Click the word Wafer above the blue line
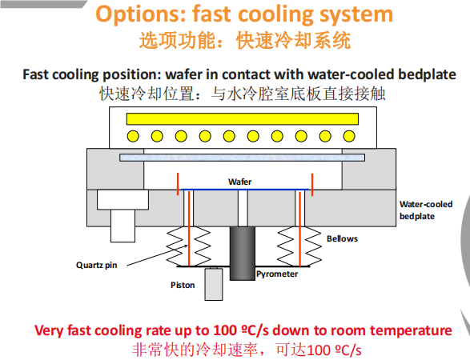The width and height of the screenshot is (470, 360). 239,182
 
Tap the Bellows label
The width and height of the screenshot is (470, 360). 342,238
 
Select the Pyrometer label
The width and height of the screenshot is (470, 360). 277,274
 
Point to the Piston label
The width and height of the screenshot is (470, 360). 183,285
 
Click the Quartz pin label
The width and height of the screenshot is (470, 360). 97,265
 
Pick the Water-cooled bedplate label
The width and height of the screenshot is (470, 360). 426,210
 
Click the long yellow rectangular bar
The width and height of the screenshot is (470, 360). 242,119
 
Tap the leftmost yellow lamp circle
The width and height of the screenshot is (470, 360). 133,136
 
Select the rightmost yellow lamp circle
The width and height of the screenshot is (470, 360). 349,136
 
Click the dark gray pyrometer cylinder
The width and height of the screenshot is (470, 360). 243,254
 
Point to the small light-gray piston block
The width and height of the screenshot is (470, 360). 214,284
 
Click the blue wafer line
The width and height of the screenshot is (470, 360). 245,190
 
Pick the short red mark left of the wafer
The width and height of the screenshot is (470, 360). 178,184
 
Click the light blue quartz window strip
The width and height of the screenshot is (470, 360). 242,158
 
